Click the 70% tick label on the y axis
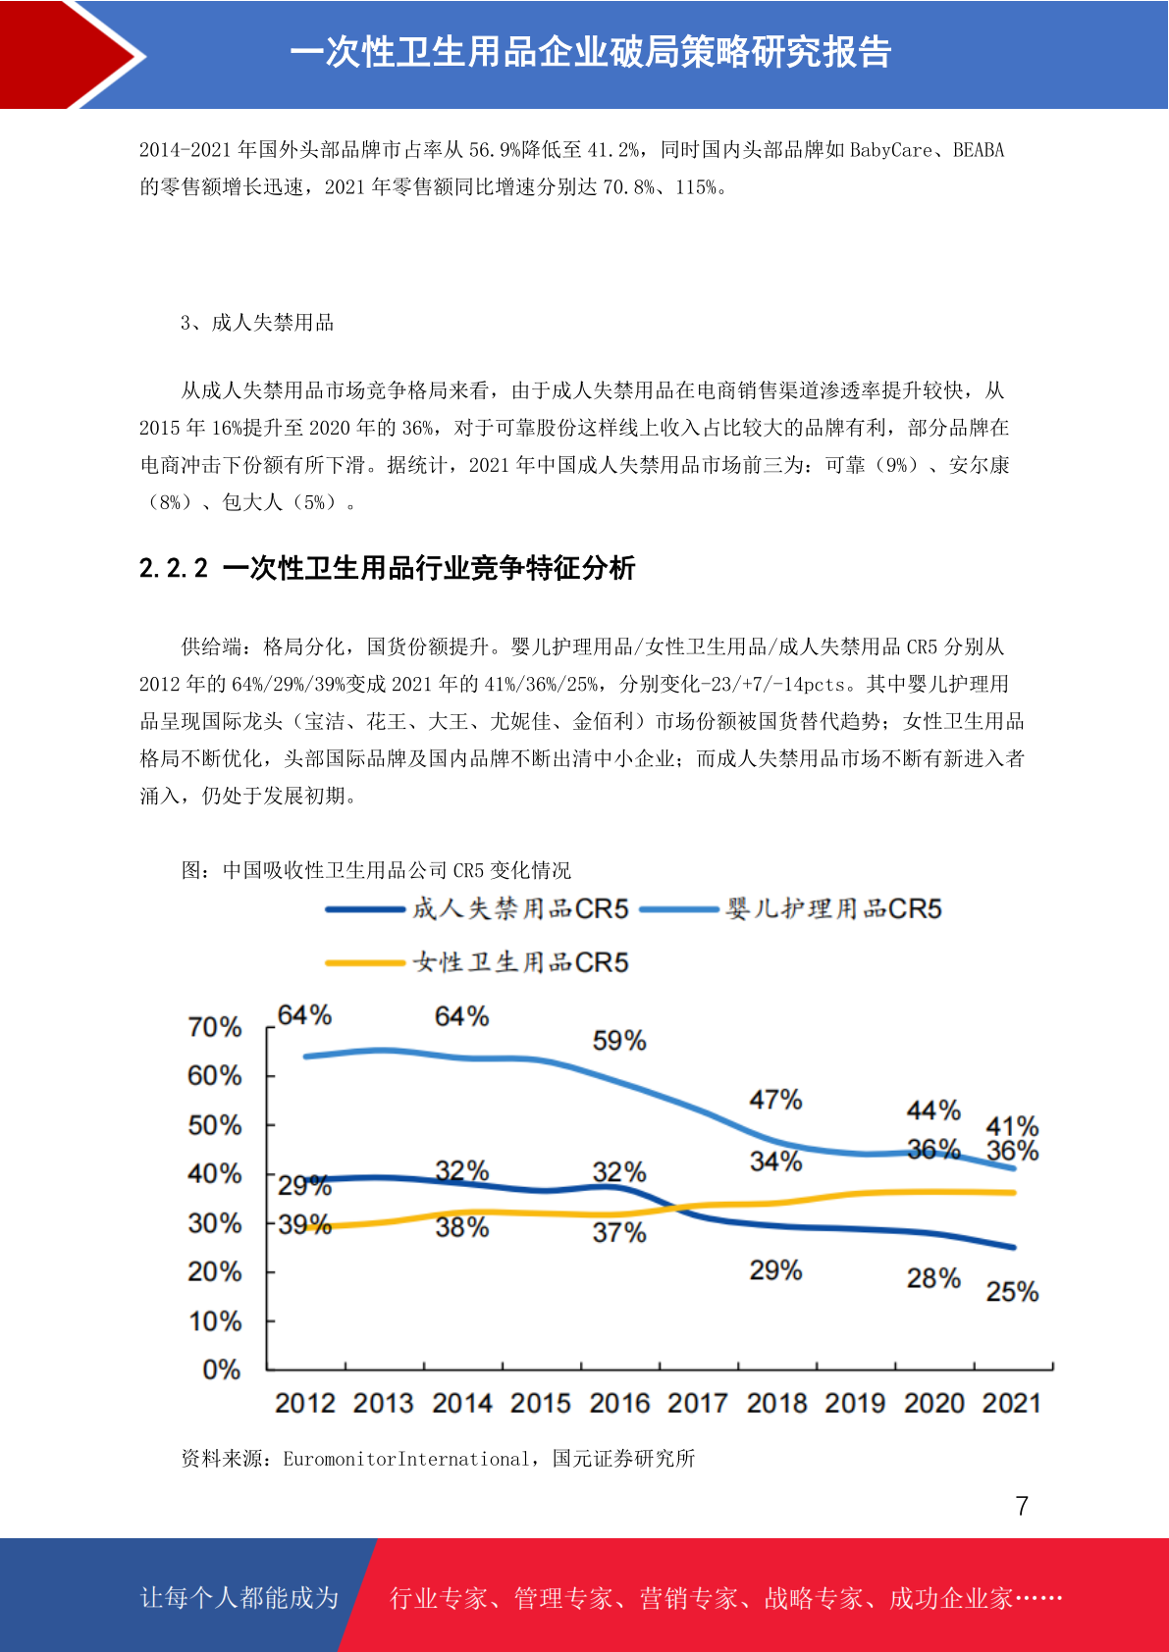(215, 1026)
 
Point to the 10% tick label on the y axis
(215, 1320)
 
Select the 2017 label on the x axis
(698, 1403)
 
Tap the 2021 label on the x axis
(1011, 1403)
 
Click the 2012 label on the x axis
(305, 1403)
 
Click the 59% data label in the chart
(619, 1041)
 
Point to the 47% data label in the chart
(775, 1100)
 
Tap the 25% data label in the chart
(1012, 1291)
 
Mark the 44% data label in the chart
(933, 1110)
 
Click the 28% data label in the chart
(933, 1278)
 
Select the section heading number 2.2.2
(174, 568)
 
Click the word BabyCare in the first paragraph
(891, 150)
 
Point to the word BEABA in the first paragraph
(979, 150)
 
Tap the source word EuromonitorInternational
(406, 1459)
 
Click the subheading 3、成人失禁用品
(257, 323)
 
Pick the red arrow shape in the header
(70, 55)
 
